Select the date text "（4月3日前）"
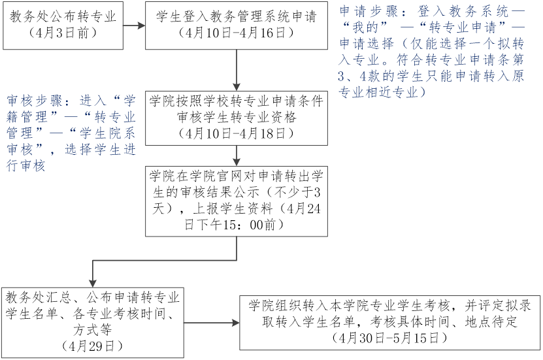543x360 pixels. pyautogui.click(x=63, y=33)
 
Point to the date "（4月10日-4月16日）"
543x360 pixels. pyautogui.click(x=236, y=33)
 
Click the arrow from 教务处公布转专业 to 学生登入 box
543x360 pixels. pyautogui.click(x=134, y=26)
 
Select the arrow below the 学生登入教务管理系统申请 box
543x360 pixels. pyautogui.click(x=236, y=69)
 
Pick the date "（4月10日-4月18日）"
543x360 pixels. pyautogui.click(x=236, y=133)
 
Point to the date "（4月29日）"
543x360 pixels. pyautogui.click(x=92, y=345)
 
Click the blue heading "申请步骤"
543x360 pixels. pyautogui.click(x=362, y=12)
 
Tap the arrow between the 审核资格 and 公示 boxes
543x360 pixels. pyautogui.click(x=236, y=155)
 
